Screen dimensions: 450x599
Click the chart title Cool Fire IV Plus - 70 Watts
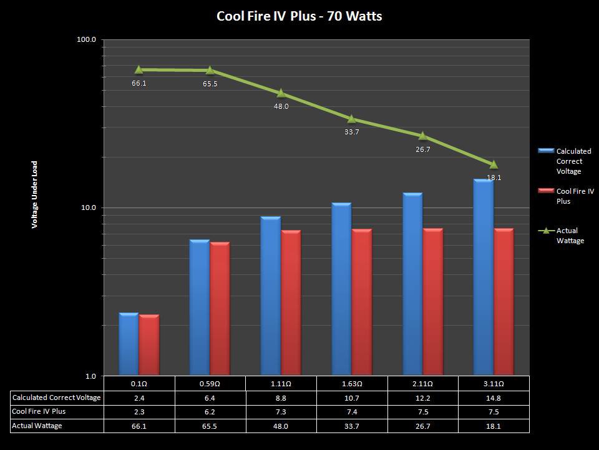(x=299, y=16)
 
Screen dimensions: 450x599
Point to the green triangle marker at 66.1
(x=139, y=70)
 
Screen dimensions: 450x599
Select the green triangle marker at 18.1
(x=494, y=165)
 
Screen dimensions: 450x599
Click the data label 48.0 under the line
(x=281, y=107)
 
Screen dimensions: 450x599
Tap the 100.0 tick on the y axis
(x=86, y=40)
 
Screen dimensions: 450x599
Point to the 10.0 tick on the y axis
(x=87, y=208)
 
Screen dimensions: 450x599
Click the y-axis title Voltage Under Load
(x=35, y=194)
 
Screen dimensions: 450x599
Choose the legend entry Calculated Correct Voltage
(x=573, y=161)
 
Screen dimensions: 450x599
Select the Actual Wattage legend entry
(x=570, y=236)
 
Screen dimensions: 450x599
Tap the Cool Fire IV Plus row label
(x=39, y=412)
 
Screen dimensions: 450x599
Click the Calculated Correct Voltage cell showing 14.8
(x=494, y=397)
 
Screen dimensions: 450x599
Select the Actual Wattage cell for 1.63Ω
(x=352, y=426)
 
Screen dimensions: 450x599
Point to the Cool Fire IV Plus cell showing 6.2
(x=210, y=412)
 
